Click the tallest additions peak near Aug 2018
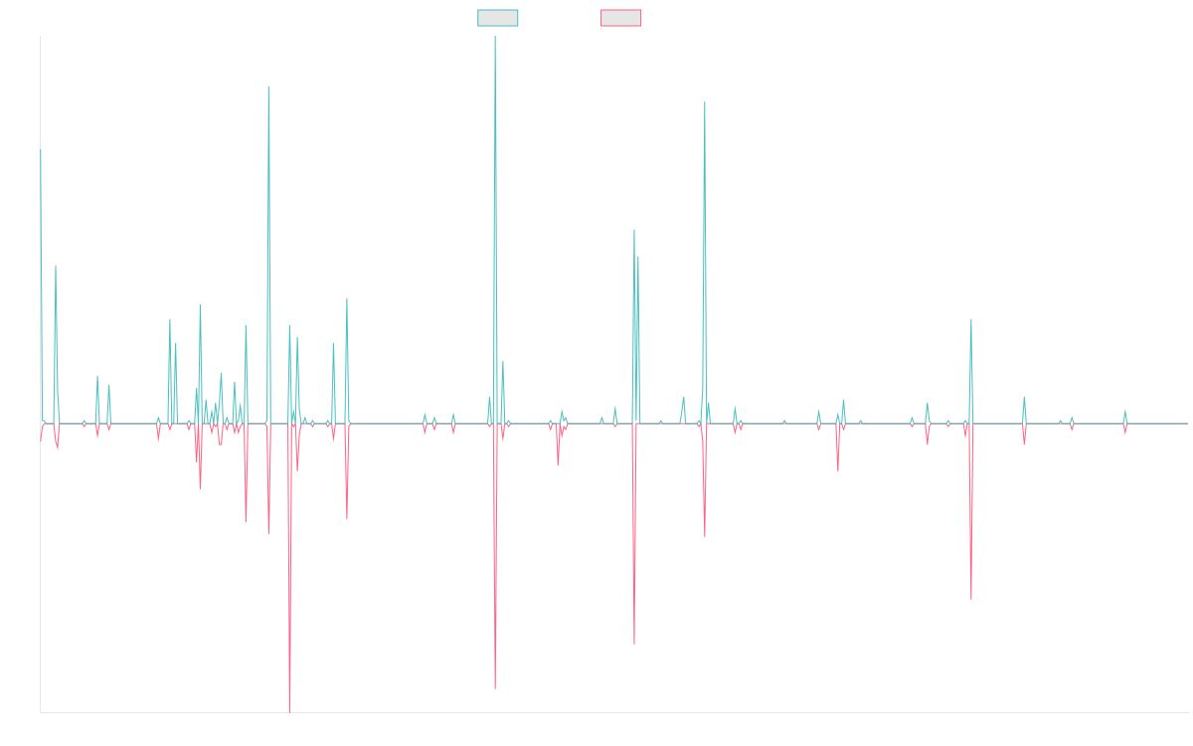pos(495,38)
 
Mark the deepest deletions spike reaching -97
pos(290,710)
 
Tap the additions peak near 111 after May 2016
pos(268,89)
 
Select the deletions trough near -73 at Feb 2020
pos(634,644)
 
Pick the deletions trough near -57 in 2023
pos(971,598)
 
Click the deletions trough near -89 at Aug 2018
pos(495,687)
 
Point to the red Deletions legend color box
pos(620,18)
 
